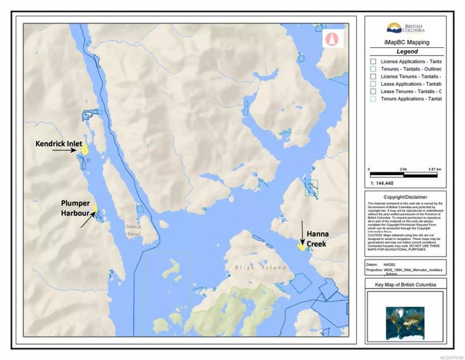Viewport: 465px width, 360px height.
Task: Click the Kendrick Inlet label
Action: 59,144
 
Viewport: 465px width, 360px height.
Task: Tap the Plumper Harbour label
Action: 75,208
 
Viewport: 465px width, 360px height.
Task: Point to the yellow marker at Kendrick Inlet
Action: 84,148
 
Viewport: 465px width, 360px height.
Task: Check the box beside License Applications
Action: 372,63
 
